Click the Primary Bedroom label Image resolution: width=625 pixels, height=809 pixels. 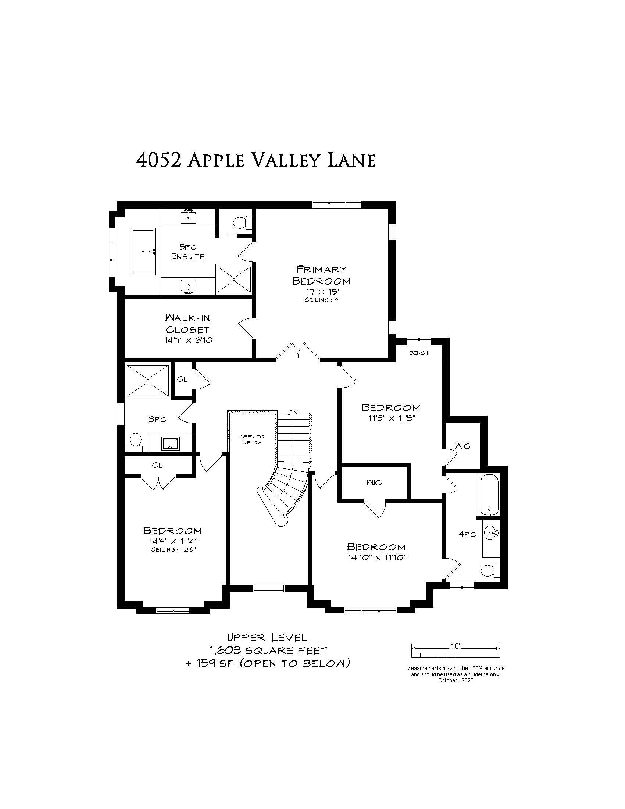click(321, 275)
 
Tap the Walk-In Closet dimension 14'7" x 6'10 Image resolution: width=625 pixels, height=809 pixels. click(189, 340)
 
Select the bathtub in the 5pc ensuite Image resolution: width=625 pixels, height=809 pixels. click(143, 252)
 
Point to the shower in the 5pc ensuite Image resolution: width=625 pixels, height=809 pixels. click(234, 279)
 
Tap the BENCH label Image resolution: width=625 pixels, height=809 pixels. click(418, 353)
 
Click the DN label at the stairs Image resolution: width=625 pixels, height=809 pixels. click(293, 413)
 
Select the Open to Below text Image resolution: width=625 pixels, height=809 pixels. click(252, 439)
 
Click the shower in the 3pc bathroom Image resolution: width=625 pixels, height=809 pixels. click(148, 380)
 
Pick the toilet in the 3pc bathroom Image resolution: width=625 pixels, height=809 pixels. click(136, 442)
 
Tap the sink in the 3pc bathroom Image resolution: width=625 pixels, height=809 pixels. click(170, 443)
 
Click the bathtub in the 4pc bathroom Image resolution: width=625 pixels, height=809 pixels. click(489, 495)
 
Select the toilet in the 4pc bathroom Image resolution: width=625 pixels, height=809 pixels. click(490, 570)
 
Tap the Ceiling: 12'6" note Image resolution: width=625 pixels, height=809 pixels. click(173, 550)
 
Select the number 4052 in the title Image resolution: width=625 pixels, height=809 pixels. click(158, 160)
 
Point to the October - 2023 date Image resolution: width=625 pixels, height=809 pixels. click(456, 680)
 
